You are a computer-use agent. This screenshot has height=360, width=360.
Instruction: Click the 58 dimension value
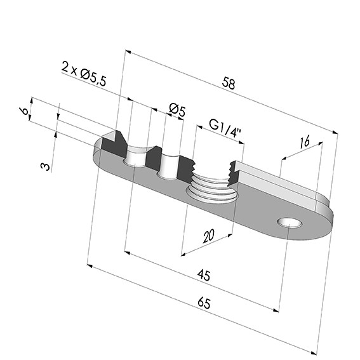(x=229, y=83)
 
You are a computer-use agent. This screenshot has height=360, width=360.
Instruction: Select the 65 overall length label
(x=204, y=303)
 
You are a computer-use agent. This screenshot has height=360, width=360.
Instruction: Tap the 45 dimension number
(x=204, y=275)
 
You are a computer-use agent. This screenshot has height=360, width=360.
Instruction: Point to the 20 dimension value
(x=208, y=236)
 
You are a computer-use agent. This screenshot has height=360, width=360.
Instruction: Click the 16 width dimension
(x=305, y=141)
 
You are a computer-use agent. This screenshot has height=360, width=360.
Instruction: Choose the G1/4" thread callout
(x=225, y=128)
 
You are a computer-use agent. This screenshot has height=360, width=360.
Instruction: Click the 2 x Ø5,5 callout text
(x=84, y=74)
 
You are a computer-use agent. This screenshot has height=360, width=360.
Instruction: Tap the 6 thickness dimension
(x=24, y=111)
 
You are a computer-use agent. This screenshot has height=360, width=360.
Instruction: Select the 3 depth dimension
(x=45, y=166)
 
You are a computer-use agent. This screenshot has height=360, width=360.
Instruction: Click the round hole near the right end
(x=290, y=223)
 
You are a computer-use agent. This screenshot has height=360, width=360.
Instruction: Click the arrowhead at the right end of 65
(x=314, y=353)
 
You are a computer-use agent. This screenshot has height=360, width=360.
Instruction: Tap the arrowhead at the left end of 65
(x=90, y=265)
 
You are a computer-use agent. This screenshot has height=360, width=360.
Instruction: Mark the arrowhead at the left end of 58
(x=128, y=51)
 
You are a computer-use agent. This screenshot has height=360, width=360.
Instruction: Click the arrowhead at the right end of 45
(x=276, y=310)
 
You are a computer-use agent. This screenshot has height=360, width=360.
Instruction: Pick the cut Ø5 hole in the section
(x=170, y=166)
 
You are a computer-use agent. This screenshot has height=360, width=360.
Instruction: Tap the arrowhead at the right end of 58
(x=335, y=132)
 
